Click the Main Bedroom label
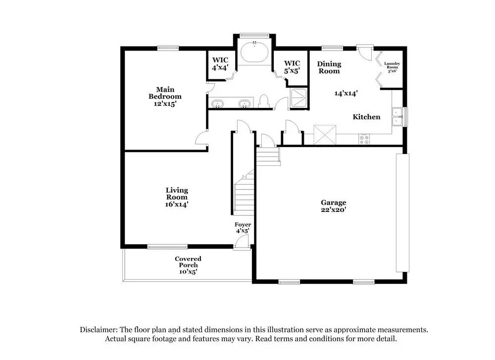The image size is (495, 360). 165,97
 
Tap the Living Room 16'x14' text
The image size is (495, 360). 177,197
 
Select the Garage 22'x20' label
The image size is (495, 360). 333,206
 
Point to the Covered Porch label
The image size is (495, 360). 188,265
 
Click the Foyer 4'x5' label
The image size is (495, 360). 243,228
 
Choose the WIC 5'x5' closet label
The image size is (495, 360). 292,66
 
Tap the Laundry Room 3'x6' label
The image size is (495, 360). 392,67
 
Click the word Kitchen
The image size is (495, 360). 366,117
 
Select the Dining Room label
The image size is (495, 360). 329,67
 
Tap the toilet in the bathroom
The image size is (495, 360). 264,101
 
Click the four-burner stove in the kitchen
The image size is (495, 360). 365,139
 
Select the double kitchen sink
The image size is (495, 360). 397,117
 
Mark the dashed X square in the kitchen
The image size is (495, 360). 325,134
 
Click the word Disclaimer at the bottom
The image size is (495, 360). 98,329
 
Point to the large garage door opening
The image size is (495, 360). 402,212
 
